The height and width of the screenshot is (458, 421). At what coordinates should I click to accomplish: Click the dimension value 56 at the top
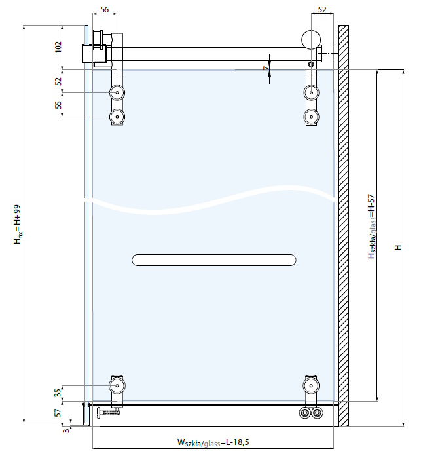pos(105,9)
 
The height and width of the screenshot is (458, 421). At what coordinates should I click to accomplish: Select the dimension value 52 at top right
pos(321,9)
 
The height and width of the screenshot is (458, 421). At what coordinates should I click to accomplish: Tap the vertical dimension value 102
pos(58,47)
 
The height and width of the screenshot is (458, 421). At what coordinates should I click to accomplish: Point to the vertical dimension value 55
pos(58,105)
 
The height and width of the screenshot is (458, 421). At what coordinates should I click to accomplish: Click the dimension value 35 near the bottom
pos(58,393)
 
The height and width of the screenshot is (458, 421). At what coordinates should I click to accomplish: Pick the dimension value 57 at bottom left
pos(58,412)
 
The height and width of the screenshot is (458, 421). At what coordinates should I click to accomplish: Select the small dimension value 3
pos(67,430)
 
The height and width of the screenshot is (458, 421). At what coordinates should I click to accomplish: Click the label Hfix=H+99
pos(18,224)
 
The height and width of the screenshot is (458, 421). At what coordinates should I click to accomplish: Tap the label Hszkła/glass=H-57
pos(371,226)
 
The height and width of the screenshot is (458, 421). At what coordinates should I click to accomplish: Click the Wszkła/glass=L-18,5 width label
pos(213,442)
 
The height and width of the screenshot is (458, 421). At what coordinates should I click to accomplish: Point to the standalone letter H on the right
pos(398,247)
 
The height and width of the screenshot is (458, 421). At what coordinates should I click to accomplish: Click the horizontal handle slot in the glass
pos(214,260)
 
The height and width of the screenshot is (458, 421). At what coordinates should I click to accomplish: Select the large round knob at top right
pos(311,40)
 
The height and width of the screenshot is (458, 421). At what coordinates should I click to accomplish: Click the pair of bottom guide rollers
pos(311,414)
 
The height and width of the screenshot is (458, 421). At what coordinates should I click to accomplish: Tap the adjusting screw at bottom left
pos(107,412)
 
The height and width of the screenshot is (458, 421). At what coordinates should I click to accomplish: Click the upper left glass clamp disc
pos(117,92)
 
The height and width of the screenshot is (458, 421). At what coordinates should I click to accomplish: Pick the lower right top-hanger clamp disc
pos(311,117)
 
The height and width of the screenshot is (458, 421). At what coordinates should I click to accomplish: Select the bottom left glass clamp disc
pos(117,385)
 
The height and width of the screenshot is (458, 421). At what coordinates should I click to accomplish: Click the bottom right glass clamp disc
pos(311,385)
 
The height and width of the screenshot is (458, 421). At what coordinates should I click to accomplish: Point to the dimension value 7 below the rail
pos(265,69)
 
